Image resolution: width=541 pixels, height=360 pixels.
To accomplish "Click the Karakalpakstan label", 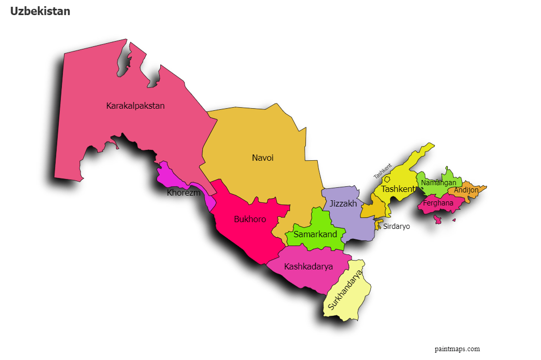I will pos(135,106).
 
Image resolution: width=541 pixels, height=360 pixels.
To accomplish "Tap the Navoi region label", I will pos(263,158).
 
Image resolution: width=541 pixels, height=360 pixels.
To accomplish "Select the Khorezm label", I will pos(184,193).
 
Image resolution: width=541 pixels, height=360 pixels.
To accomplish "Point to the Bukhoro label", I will pos(250,220).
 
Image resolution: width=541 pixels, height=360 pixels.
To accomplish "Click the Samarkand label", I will pos(315,235).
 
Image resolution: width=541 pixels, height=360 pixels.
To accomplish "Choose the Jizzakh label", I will pos(343,203).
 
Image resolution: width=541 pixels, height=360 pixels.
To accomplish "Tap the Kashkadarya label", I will pos(308,267).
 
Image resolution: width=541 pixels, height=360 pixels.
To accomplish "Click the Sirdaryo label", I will pos(396,226).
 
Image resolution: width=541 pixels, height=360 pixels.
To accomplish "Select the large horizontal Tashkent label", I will pos(398,189).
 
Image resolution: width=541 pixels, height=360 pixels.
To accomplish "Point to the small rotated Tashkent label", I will pos(382,171).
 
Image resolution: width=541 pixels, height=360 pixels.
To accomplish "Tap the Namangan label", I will pos(439,183).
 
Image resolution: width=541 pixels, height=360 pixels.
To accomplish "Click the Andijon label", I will pos(466,190).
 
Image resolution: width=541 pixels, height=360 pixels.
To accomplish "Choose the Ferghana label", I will pos(438,203).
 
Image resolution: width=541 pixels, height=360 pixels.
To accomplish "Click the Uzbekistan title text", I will pos(40,11).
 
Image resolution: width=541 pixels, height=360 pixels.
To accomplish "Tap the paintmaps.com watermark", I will pos(457,349).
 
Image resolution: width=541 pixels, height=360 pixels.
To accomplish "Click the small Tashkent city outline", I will pos(387,179).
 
